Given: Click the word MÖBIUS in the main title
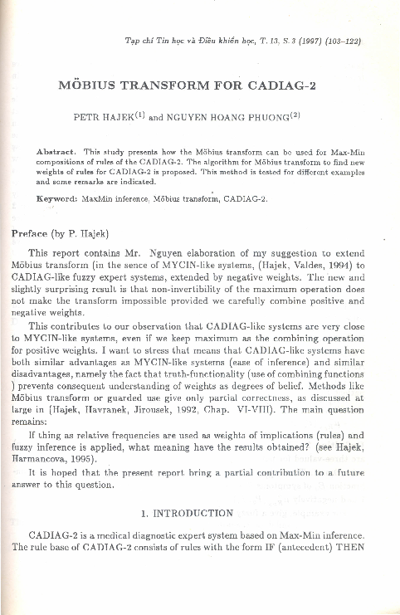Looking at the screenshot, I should pos(87,84).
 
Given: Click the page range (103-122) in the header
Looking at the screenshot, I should pos(339,39).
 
